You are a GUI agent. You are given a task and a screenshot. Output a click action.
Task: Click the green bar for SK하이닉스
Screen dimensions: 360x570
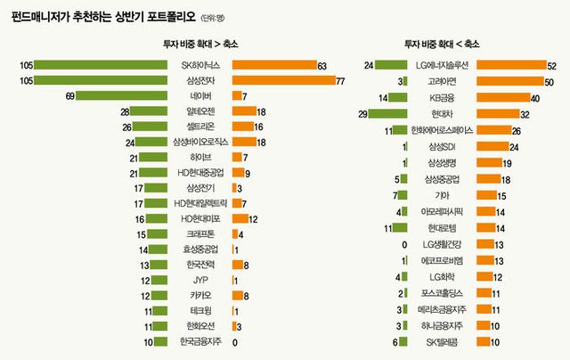pos(102,65)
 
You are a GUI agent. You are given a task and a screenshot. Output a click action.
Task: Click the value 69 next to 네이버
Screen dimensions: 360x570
pos(68,96)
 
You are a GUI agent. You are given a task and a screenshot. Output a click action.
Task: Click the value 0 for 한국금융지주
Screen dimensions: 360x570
pos(235,342)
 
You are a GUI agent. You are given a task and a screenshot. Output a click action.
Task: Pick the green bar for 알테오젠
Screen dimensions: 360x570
pos(151,111)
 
